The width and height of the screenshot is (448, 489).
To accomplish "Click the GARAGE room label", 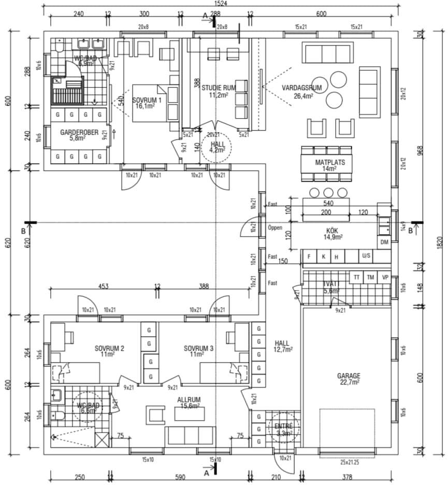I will [349, 376].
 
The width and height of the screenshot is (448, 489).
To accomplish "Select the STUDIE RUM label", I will [219, 88].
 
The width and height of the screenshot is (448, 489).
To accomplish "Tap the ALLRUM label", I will [189, 400].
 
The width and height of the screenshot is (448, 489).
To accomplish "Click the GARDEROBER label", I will [79, 132].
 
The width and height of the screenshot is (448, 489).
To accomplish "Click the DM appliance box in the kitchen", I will [384, 242].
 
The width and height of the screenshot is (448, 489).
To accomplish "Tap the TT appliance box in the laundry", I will [356, 277].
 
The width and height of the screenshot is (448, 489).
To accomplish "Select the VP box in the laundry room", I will [385, 277].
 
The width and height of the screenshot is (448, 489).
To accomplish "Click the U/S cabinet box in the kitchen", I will [366, 256].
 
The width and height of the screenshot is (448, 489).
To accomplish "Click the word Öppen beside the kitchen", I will [274, 227].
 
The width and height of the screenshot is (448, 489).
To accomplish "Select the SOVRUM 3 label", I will [198, 348].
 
